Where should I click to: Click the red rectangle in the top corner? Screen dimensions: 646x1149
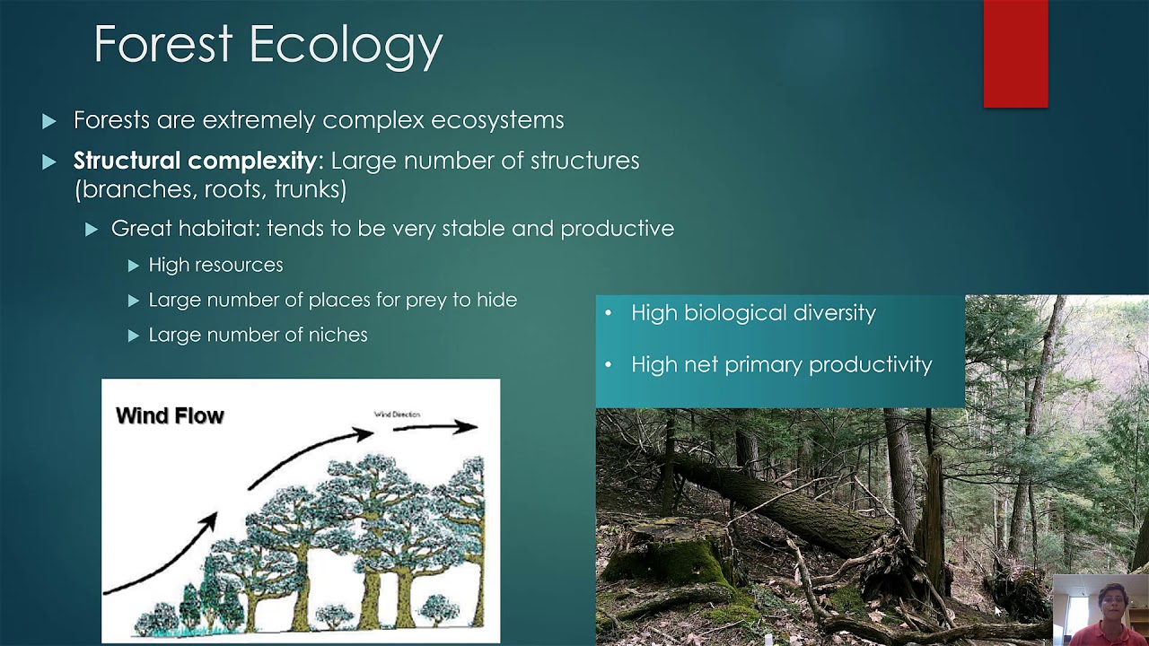pos(1015,54)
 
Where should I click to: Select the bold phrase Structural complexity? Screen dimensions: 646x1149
pos(194,161)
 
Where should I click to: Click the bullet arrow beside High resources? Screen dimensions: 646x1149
pos(134,266)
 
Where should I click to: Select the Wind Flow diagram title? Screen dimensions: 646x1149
pos(170,415)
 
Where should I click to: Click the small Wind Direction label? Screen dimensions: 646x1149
pos(397,414)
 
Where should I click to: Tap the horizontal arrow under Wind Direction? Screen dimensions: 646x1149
pos(434,427)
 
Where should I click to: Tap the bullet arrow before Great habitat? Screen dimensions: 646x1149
pos(92,230)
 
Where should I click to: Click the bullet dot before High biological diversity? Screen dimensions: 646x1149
pos(609,314)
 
